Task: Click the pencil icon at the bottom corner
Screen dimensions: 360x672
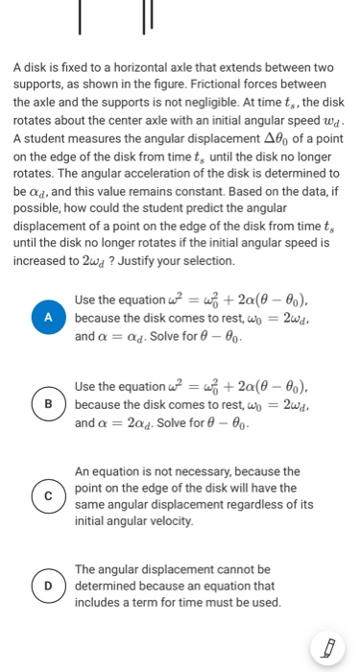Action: point(328,649)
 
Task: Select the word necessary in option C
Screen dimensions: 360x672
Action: point(205,472)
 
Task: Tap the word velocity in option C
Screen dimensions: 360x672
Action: point(167,520)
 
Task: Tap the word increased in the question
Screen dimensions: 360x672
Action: point(40,261)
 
